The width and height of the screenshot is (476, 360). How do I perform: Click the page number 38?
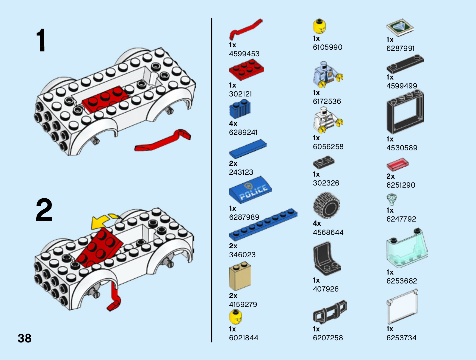[x=24, y=338]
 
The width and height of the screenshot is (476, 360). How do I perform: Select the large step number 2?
[x=44, y=210]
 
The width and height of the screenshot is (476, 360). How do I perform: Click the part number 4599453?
[x=244, y=54]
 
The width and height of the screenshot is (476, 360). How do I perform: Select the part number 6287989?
[x=244, y=217]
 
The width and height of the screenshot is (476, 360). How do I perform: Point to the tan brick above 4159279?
[x=240, y=277]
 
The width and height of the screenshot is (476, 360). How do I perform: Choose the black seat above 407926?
[x=326, y=259]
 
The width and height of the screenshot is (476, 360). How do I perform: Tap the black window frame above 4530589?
[x=405, y=113]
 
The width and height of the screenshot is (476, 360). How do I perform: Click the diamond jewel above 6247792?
[x=392, y=199]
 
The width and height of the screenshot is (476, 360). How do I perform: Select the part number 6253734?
[x=401, y=338]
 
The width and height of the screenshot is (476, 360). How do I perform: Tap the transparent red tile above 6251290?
[x=397, y=165]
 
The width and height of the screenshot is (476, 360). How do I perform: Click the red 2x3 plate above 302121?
[x=246, y=69]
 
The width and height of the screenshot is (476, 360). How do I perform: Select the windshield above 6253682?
[x=407, y=248]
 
